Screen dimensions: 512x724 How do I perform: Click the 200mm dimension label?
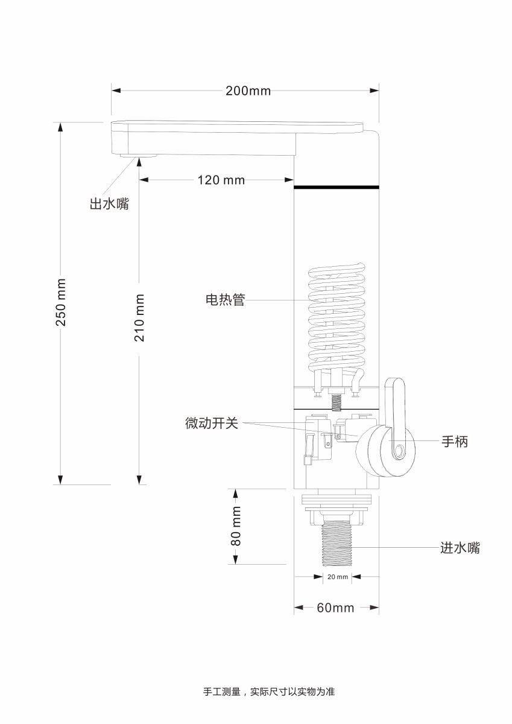248,91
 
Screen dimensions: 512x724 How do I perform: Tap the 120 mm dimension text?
221,180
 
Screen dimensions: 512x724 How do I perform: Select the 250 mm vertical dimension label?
61,302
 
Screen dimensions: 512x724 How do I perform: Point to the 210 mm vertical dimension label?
139,318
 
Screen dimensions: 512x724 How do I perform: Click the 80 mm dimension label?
236,526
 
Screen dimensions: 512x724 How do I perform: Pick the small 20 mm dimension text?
338,577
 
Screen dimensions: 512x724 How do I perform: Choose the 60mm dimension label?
335,608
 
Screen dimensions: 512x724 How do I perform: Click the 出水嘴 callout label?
109,204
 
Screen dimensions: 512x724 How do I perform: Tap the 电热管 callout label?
226,300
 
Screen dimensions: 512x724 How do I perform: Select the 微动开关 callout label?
212,423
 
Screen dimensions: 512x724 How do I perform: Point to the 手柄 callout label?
455,441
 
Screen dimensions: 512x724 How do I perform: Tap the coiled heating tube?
337,320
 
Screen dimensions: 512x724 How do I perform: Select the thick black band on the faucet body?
337,187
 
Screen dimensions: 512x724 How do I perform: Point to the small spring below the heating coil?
337,403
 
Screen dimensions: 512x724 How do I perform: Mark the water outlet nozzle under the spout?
139,156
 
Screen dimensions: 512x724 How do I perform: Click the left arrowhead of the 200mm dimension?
116,91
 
